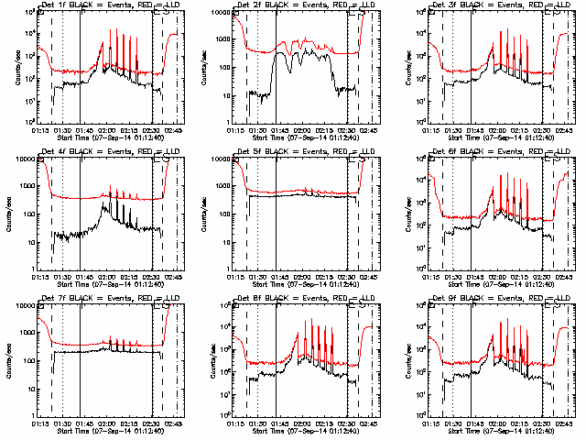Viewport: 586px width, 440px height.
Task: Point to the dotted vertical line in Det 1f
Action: point(63,64)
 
